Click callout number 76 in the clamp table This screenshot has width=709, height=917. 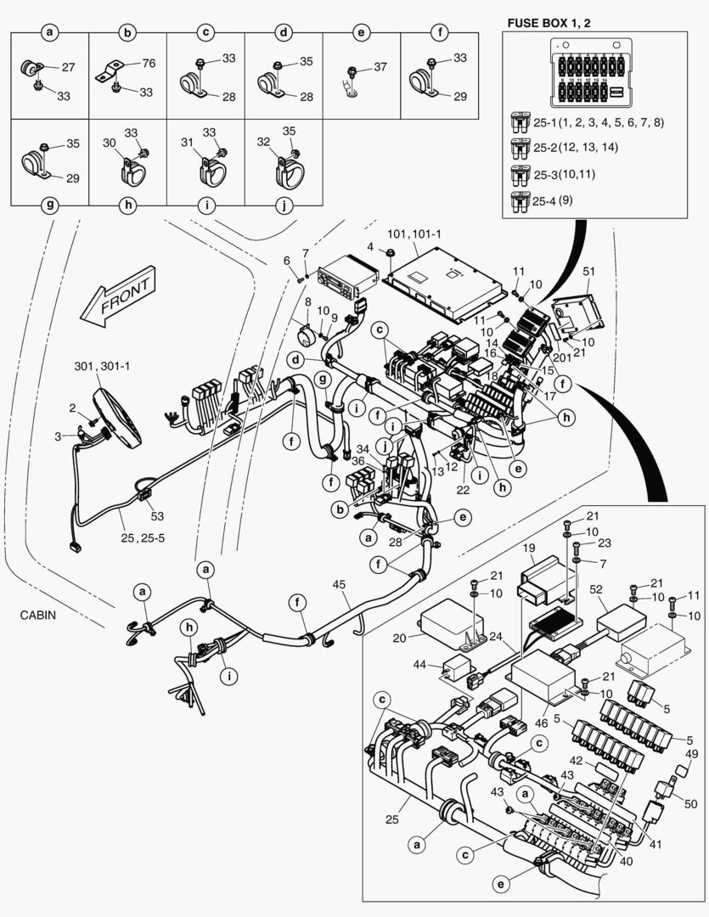click(x=149, y=63)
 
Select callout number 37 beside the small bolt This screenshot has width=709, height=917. click(x=380, y=67)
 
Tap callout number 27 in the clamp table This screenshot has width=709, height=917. click(x=68, y=66)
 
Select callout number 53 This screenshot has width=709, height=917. click(x=156, y=516)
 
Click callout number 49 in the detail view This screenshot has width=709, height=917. click(x=692, y=754)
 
